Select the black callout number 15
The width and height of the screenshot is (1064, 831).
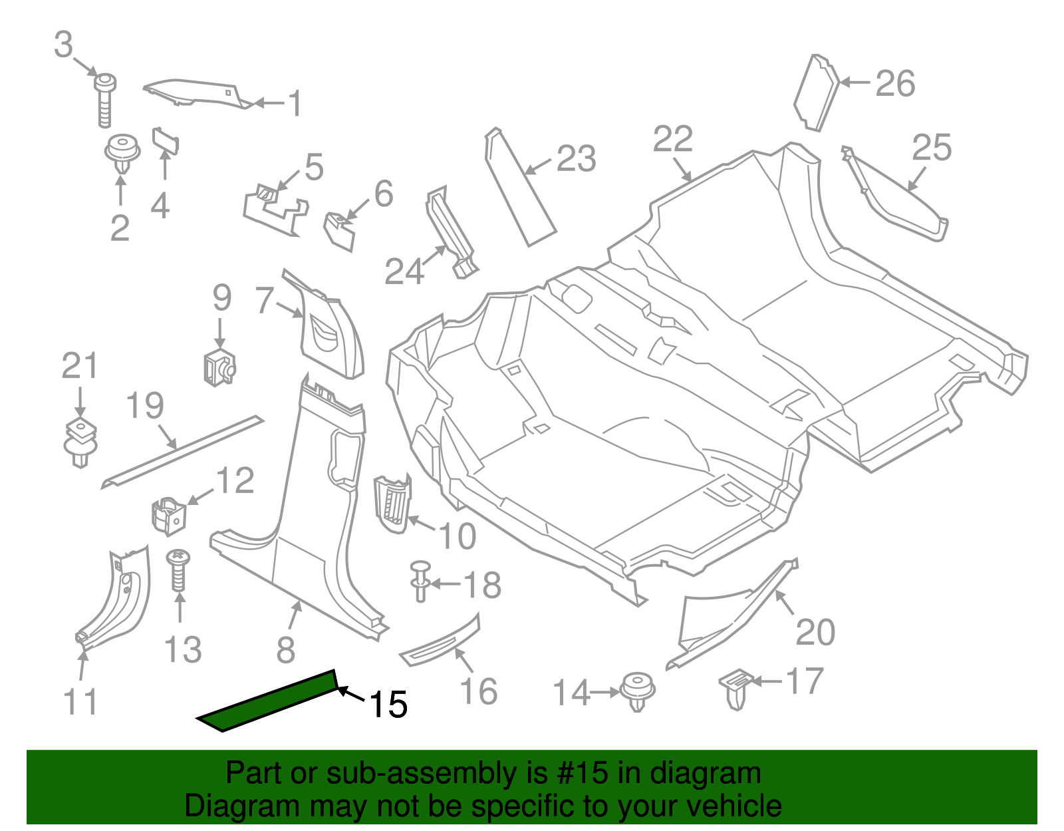click(388, 705)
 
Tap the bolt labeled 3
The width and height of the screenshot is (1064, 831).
click(104, 99)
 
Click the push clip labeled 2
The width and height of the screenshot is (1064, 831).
click(122, 153)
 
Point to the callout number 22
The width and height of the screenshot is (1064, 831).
click(673, 140)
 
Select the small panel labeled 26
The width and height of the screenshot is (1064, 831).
click(817, 93)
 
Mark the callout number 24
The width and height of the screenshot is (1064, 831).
click(404, 271)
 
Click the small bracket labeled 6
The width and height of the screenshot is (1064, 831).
click(339, 230)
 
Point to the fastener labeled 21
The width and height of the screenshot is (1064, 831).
click(80, 440)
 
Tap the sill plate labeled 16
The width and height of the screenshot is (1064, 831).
click(440, 641)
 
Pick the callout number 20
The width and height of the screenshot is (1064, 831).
click(815, 632)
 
